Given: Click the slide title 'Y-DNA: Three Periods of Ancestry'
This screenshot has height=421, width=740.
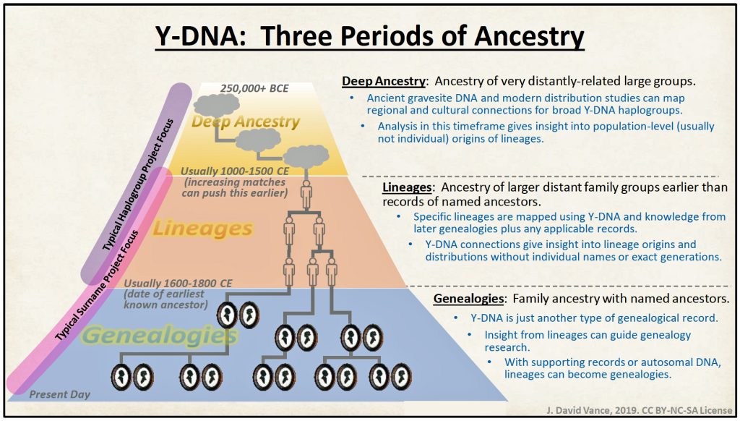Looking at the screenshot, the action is tap(369, 37).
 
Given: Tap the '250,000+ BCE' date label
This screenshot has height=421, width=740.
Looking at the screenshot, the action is tap(254, 88).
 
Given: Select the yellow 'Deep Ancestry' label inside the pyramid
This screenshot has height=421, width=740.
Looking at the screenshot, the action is tap(246, 122).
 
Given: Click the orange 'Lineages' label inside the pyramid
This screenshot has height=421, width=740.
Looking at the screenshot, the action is tap(202, 229).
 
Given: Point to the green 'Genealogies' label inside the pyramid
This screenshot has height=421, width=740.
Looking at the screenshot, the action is tap(160, 336).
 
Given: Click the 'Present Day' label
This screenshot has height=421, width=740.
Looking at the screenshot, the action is tap(59, 394).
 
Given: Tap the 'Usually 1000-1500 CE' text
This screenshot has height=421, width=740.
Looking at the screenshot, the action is tap(235, 171).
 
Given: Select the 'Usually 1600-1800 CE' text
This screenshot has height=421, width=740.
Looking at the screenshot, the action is tap(178, 283).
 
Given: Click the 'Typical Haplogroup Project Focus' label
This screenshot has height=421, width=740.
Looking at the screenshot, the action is tap(137, 184).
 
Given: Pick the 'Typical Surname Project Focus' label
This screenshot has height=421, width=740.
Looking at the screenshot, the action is tap(97, 286).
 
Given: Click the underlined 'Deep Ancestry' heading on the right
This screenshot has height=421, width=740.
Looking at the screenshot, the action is tap(384, 81).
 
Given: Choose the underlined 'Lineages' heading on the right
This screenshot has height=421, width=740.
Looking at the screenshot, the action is tap(407, 187).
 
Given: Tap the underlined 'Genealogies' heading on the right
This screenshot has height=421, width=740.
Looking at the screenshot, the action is tap(468, 299).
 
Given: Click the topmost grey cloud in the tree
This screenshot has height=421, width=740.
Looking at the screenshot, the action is tap(217, 105).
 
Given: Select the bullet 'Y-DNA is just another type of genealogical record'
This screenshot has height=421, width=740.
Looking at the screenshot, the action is tap(594, 318).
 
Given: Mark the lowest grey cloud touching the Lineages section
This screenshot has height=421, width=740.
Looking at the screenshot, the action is tap(306, 158).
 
